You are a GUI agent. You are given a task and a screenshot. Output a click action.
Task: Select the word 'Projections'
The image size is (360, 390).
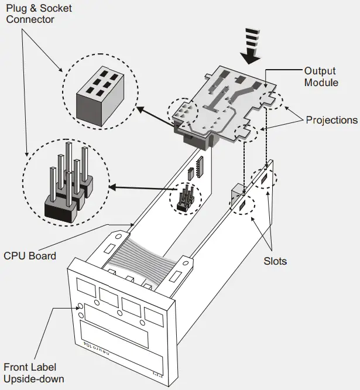click(x=331, y=120)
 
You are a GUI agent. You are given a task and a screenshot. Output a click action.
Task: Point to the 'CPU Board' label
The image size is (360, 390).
click(x=30, y=255)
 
